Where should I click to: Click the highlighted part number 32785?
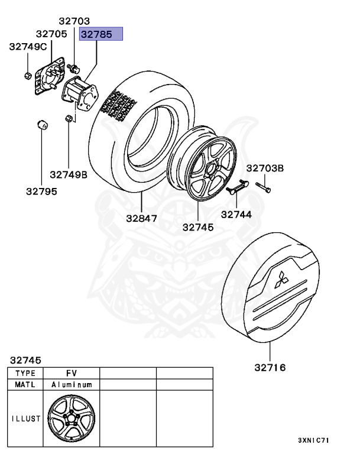[x=101, y=34]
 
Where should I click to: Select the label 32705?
[x=51, y=34]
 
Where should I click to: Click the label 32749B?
[x=69, y=174]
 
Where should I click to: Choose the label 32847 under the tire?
[x=141, y=218]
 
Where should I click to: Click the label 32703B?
[x=265, y=168]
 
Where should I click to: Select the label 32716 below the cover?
[x=270, y=368]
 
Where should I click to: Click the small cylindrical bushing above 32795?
[x=43, y=126]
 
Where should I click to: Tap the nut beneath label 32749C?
[x=28, y=75]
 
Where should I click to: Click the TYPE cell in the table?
[x=25, y=373]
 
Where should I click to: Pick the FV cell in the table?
[x=71, y=373]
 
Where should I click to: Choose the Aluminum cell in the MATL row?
[x=71, y=384]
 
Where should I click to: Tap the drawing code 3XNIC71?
[x=313, y=441]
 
